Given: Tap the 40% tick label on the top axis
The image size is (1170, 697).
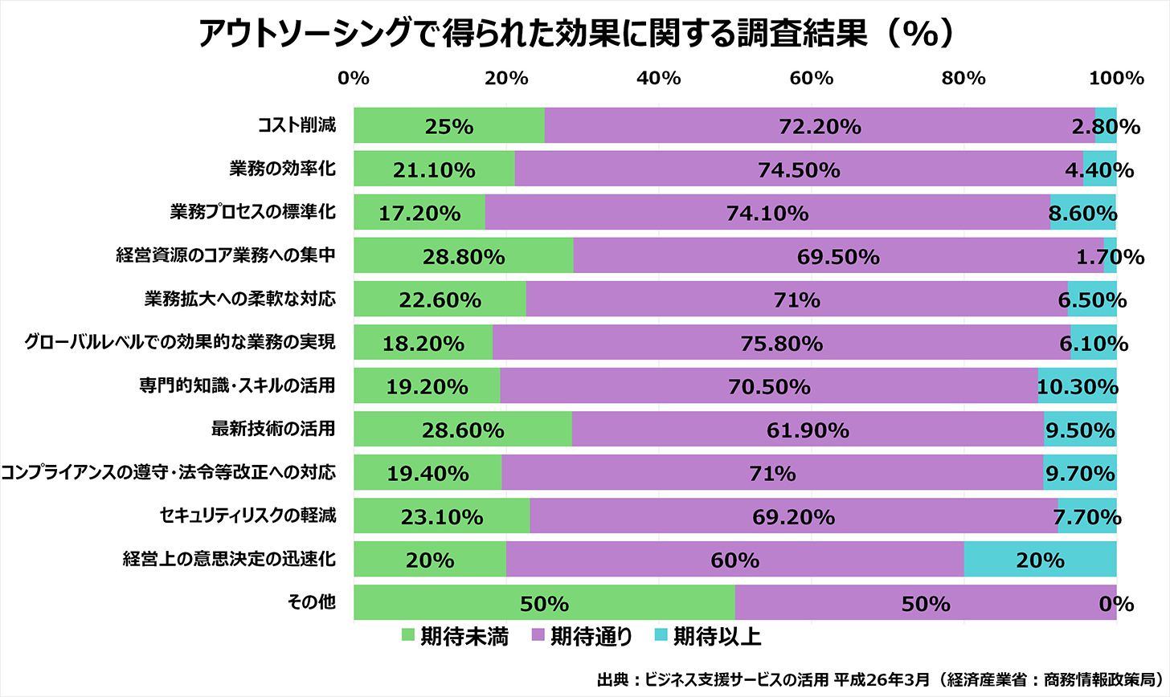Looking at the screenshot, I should point(658,78).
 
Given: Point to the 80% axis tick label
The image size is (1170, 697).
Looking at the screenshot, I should point(963,78).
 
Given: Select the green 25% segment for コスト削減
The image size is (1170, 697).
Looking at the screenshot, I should point(449,126).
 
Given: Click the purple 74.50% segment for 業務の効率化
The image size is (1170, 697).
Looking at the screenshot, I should point(799,169).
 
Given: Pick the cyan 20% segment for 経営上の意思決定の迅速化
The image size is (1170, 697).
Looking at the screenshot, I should point(1040,560).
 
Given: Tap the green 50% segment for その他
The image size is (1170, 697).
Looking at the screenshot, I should point(544,603).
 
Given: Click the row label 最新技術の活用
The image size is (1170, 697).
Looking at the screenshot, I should point(272,429).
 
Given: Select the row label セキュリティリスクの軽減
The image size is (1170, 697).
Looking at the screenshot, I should point(247,516).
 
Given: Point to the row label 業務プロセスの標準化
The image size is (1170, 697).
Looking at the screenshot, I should point(252,212).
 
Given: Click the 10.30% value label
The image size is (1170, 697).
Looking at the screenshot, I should point(1077,386).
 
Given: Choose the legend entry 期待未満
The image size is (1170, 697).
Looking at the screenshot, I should point(454,637).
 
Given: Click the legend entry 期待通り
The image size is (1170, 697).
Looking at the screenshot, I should point(583,637).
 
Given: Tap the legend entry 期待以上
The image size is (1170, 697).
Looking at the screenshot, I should point(707,637).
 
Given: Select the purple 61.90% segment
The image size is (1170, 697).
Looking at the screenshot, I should point(808,430).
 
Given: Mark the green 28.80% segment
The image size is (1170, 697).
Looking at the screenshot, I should point(464,256).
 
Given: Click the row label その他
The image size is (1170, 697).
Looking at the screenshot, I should point(311,601).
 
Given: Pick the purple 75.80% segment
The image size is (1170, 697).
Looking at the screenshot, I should point(782,343).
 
